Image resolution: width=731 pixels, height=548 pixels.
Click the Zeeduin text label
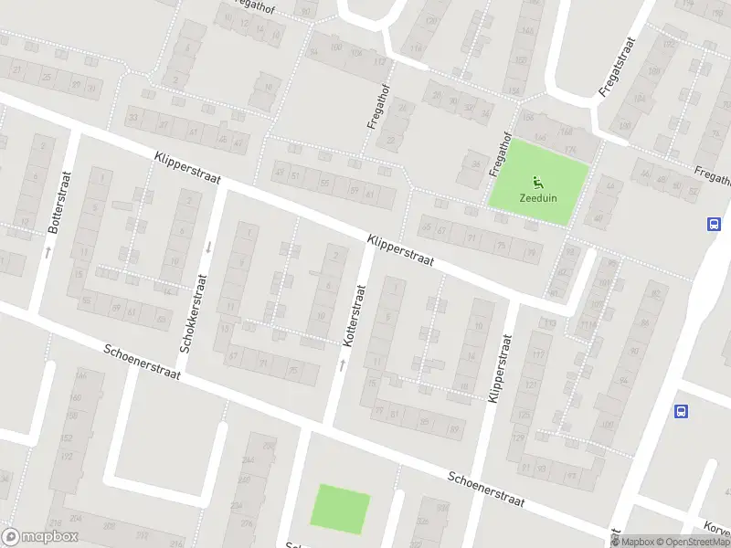538,198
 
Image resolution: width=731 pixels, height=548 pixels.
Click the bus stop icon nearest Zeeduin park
713,224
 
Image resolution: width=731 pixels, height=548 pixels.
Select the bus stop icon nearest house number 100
680,412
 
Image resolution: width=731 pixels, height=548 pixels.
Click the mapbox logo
40,537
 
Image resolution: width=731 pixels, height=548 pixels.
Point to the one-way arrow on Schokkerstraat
208,245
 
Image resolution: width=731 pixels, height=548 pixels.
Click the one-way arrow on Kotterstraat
343,364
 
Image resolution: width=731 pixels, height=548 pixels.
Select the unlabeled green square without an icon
341,507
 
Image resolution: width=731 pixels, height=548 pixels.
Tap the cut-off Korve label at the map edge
716,529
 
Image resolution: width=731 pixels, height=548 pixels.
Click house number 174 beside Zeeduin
571,150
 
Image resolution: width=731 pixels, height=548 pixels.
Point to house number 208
110,525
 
